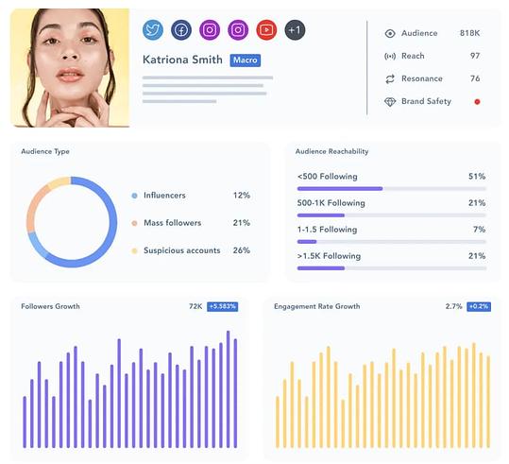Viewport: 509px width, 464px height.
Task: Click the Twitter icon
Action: tap(153, 30)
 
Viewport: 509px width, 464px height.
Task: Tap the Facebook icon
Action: tap(180, 30)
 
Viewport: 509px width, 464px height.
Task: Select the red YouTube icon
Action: tap(266, 30)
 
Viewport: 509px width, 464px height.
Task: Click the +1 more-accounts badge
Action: tap(295, 30)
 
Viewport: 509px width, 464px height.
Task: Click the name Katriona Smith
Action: tap(183, 60)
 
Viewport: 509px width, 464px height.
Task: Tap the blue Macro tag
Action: tap(245, 60)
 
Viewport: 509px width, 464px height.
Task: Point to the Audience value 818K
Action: tap(469, 33)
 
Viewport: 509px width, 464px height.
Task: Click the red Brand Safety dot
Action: tap(477, 101)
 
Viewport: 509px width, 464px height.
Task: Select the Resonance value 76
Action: tap(474, 78)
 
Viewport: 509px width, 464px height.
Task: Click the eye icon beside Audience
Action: tap(389, 33)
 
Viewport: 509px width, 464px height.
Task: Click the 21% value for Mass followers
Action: tap(241, 223)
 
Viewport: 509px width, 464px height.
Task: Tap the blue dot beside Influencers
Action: tap(135, 196)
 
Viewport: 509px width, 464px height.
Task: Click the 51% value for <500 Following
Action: tap(476, 177)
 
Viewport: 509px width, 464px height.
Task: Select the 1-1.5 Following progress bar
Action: tap(391, 242)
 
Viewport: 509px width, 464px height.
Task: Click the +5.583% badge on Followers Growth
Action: tap(223, 307)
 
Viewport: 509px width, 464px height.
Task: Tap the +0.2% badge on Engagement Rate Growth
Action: tap(478, 307)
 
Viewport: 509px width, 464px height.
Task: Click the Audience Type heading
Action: tap(44, 151)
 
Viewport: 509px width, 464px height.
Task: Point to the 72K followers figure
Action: tap(195, 307)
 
